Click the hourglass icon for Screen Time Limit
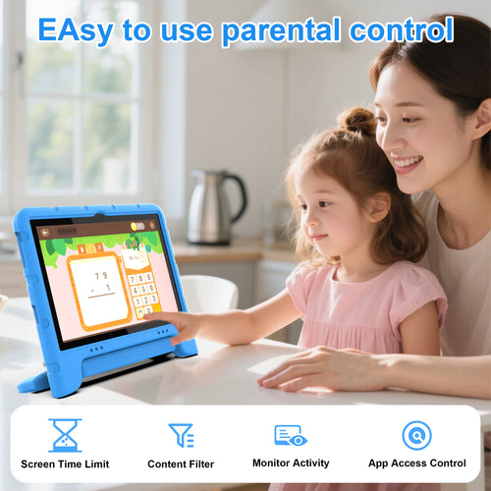pyautogui.click(x=65, y=435)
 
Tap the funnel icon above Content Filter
pyautogui.click(x=181, y=435)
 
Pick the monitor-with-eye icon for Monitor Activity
pyautogui.click(x=291, y=435)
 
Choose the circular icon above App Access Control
pyautogui.click(x=416, y=435)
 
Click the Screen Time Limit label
pyautogui.click(x=65, y=464)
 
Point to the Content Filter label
pyautogui.click(x=181, y=464)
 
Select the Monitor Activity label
pyautogui.click(x=292, y=464)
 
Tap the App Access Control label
pyautogui.click(x=416, y=464)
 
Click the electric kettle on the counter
pyautogui.click(x=215, y=206)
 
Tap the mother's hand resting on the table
pyautogui.click(x=314, y=368)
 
